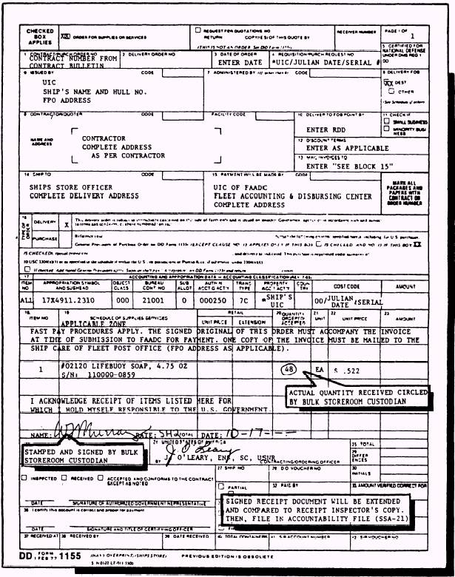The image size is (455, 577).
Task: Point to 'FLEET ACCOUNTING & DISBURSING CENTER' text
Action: tap(293, 196)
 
